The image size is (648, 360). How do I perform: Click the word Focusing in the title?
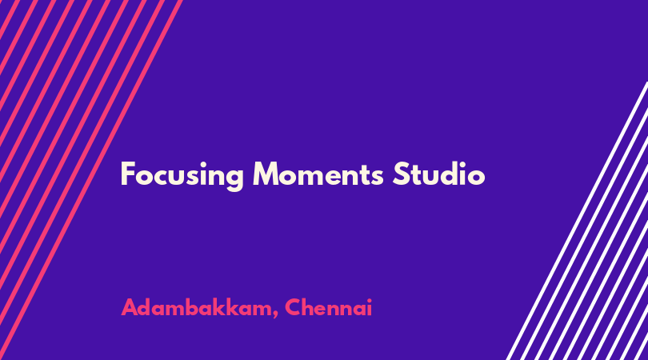click(x=182, y=175)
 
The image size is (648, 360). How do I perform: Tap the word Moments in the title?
click(x=318, y=174)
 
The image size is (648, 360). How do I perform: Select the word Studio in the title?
click(x=438, y=174)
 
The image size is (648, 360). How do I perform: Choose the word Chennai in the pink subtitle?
click(x=329, y=307)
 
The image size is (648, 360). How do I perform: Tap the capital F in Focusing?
click(x=128, y=174)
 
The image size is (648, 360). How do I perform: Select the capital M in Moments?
click(x=266, y=174)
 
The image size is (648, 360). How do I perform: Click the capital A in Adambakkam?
click(x=130, y=307)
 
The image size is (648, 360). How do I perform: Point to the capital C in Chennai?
click(x=294, y=307)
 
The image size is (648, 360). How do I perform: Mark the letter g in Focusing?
click(x=234, y=180)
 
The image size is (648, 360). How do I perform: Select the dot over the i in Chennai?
click(x=369, y=301)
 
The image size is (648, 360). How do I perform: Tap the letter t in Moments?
click(x=363, y=175)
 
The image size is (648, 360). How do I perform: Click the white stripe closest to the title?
click(x=578, y=221)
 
